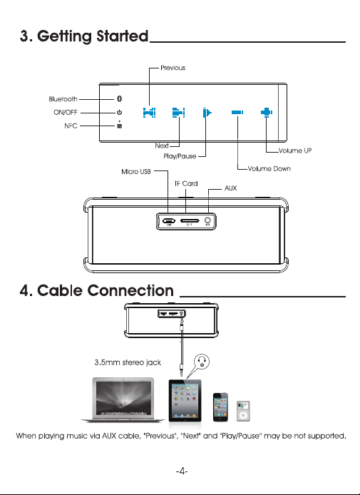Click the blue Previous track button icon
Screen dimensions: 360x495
(x=149, y=113)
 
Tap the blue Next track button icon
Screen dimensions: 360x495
(x=178, y=113)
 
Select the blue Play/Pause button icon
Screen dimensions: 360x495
(x=207, y=113)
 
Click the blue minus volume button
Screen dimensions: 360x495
(x=237, y=113)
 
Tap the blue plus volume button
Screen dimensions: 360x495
(x=267, y=113)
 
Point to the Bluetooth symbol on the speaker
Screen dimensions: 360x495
(x=119, y=99)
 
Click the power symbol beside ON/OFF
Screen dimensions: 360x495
(x=119, y=113)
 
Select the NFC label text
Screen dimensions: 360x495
(x=71, y=126)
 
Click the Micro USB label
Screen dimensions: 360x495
(x=136, y=171)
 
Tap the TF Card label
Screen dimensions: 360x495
(x=186, y=183)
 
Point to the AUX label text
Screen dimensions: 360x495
(x=231, y=188)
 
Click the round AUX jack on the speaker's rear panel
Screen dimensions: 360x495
(x=207, y=220)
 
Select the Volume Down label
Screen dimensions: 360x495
(x=269, y=168)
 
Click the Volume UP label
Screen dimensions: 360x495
(x=295, y=150)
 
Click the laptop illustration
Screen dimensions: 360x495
(x=123, y=399)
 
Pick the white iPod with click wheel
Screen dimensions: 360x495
(x=243, y=411)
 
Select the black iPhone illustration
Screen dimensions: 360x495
(x=220, y=407)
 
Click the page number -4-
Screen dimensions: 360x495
(x=182, y=471)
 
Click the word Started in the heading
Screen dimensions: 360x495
(x=123, y=36)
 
